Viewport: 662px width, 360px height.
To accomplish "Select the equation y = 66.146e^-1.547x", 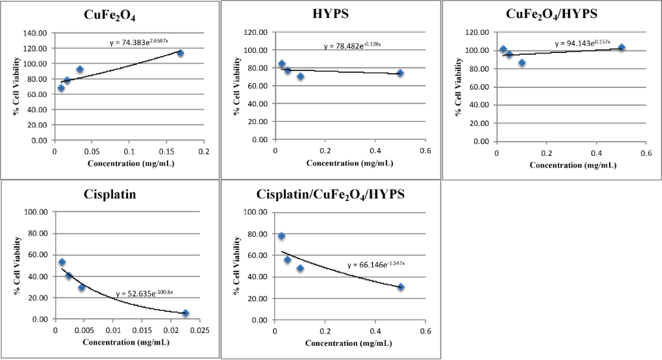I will click(x=376, y=265).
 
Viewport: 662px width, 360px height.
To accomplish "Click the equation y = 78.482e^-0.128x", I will click(x=352, y=46).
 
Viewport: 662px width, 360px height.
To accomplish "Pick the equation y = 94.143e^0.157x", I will click(x=582, y=44).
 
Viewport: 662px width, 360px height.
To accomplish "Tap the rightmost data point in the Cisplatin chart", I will click(x=186, y=313).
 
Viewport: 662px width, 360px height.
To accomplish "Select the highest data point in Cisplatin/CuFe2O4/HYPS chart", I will click(x=281, y=236).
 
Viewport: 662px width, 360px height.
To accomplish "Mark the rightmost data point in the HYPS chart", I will click(x=400, y=73).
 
